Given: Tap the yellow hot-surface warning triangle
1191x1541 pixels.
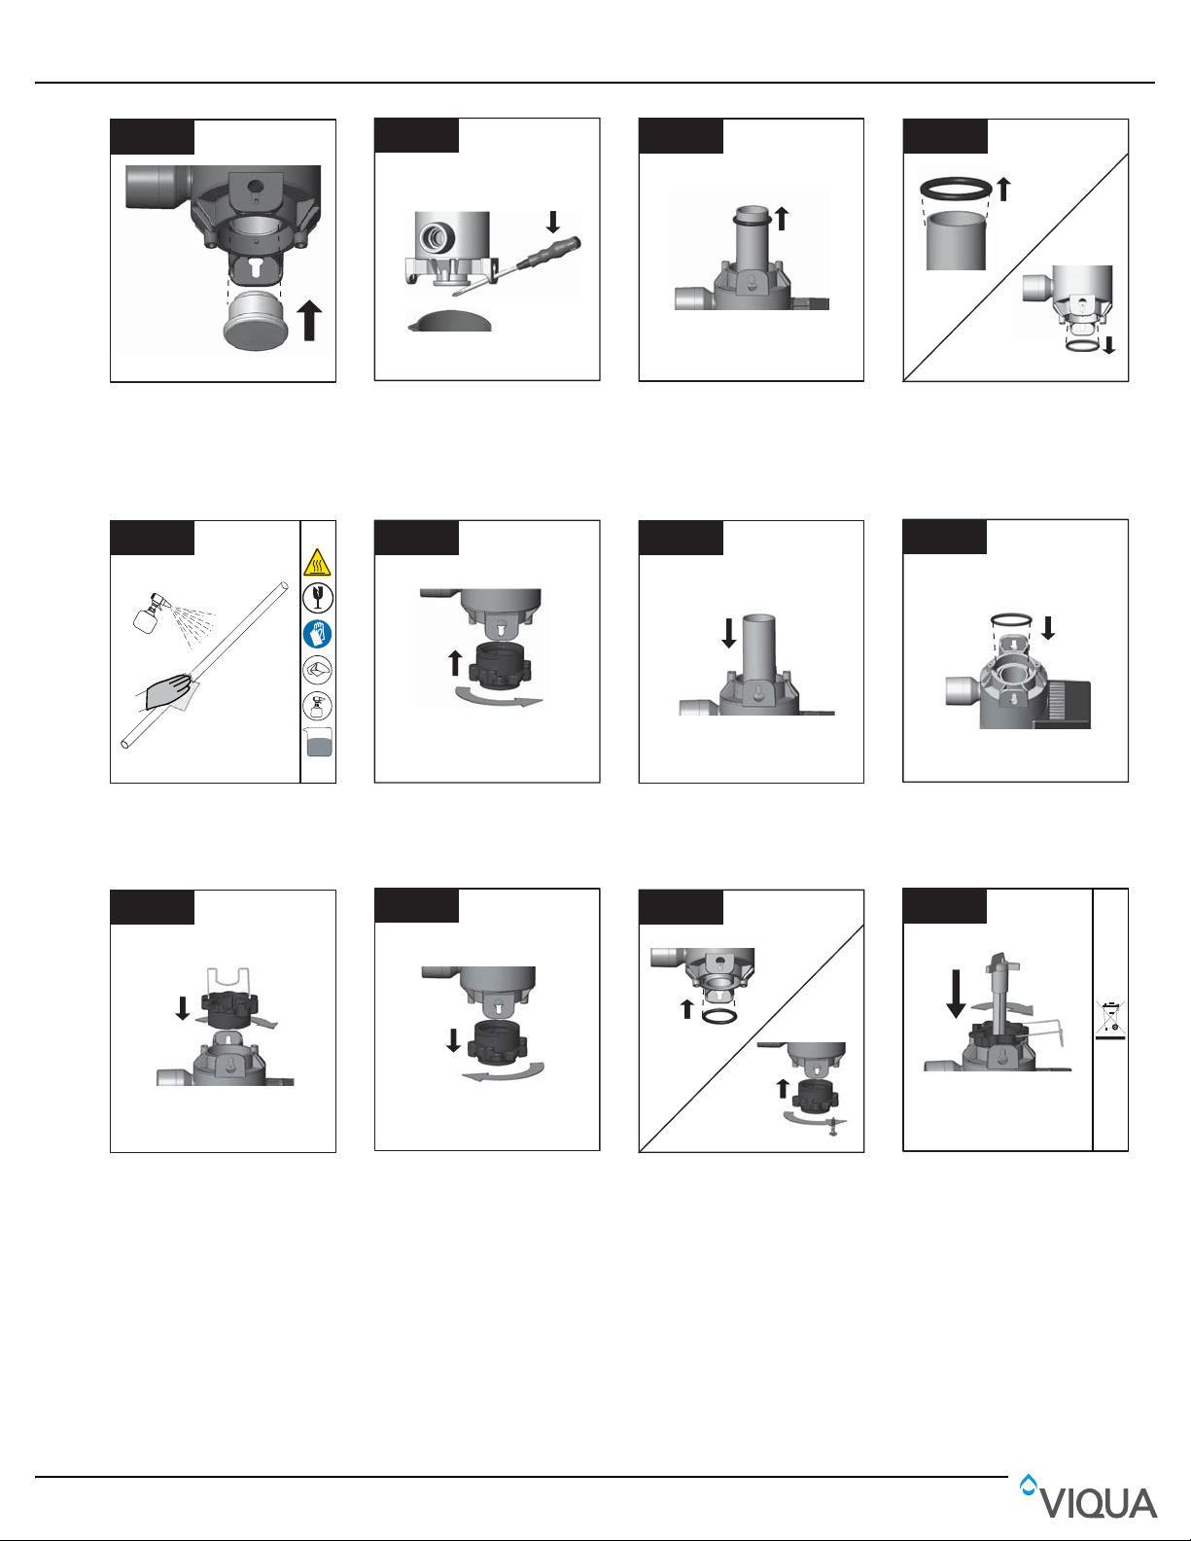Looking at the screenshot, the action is pyautogui.click(x=318, y=562).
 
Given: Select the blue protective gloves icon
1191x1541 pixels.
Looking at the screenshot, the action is pyautogui.click(x=318, y=634).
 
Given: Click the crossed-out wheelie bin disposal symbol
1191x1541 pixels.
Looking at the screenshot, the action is pyautogui.click(x=1110, y=1020).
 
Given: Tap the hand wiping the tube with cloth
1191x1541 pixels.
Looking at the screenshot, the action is pyautogui.click(x=167, y=691).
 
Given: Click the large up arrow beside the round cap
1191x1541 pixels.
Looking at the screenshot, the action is pyautogui.click(x=309, y=320).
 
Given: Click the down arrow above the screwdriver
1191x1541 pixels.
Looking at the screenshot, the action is pyautogui.click(x=553, y=222).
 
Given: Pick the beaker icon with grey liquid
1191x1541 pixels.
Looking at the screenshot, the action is pyautogui.click(x=318, y=742).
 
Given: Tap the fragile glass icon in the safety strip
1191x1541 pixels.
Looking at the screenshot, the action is pyautogui.click(x=318, y=598).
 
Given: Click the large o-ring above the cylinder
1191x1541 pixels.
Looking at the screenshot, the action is pyautogui.click(x=956, y=189).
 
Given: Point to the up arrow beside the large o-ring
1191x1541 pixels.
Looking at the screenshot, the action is pyautogui.click(x=1003, y=190).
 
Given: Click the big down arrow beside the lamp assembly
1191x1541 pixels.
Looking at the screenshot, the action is pyautogui.click(x=956, y=994).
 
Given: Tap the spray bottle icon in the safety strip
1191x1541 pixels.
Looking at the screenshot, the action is pyautogui.click(x=318, y=706).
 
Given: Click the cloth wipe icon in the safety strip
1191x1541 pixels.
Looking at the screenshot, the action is pyautogui.click(x=318, y=670).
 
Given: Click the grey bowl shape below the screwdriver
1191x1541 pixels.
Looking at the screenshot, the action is pyautogui.click(x=449, y=321).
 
